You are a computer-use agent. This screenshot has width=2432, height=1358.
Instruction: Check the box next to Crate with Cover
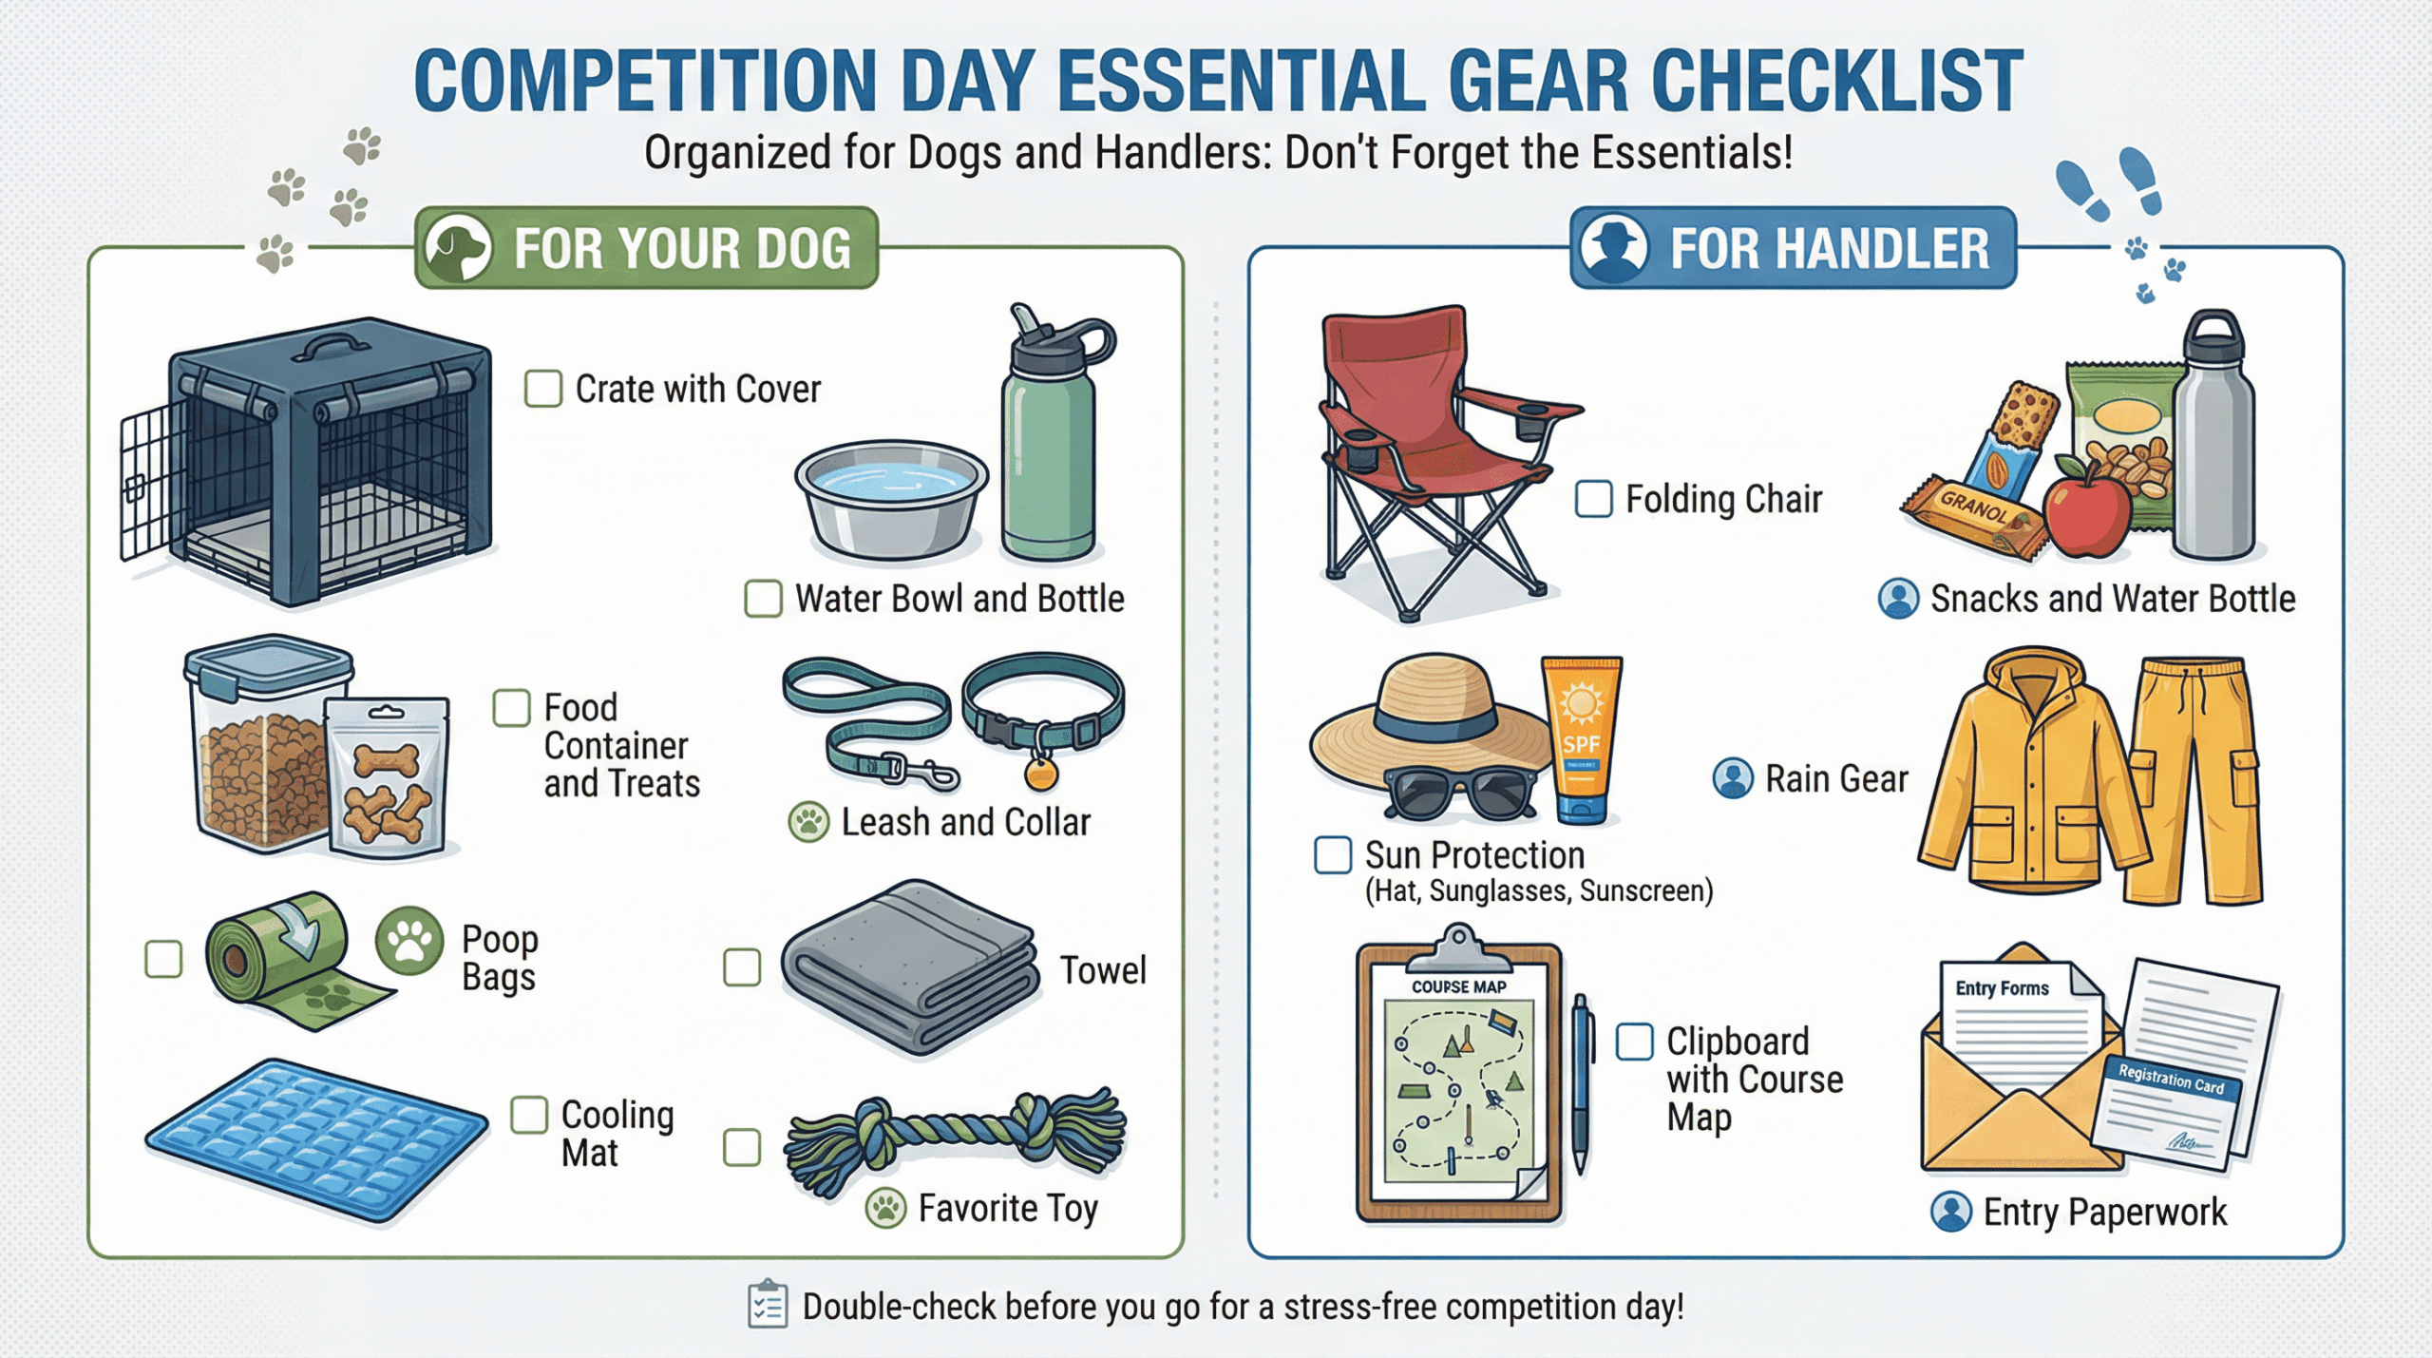coord(543,389)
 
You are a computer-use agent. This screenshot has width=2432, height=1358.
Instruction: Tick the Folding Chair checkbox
coord(1593,499)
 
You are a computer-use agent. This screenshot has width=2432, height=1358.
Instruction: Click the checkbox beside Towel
coord(742,967)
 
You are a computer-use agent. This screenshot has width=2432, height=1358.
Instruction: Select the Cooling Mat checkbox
coord(529,1115)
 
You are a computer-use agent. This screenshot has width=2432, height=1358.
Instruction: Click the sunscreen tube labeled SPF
coord(1581,739)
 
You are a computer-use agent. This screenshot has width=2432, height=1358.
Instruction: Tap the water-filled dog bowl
coord(891,498)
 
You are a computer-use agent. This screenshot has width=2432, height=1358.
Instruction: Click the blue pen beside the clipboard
coord(1581,1083)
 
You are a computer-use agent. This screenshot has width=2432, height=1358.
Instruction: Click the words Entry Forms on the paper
coord(2002,988)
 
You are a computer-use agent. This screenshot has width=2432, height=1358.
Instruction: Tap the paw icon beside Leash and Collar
coord(808,822)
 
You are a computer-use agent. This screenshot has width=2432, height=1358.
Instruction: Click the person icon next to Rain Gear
coord(1733,778)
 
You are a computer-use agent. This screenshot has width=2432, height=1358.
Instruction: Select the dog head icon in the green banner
coord(458,248)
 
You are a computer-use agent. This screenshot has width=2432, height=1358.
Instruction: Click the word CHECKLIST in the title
coord(1837,81)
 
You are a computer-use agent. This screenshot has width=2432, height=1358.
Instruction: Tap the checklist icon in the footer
coord(768,1305)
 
